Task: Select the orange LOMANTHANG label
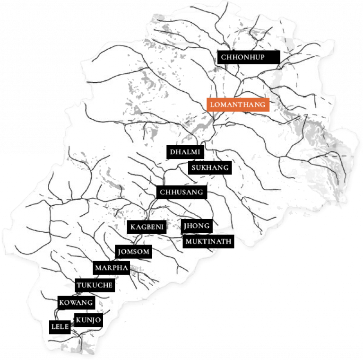tap(238, 104)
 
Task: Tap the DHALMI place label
tap(185, 152)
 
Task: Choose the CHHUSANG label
tap(181, 192)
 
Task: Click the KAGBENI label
tap(147, 228)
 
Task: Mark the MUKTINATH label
tap(208, 241)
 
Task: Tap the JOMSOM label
tap(134, 252)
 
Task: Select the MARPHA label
tap(112, 268)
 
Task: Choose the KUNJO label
tap(88, 320)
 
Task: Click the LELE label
tap(60, 327)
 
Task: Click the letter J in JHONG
tap(186, 226)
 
